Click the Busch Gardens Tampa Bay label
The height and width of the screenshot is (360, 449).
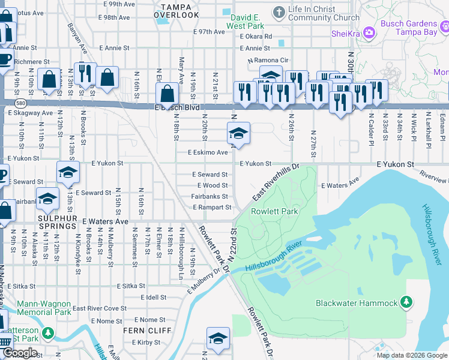413,28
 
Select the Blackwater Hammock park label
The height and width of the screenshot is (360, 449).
357,303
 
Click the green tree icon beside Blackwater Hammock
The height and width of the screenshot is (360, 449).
407,301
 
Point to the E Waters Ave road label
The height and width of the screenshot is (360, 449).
106,221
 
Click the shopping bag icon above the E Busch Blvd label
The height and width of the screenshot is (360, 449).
167,93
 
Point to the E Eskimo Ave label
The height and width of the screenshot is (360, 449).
208,152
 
